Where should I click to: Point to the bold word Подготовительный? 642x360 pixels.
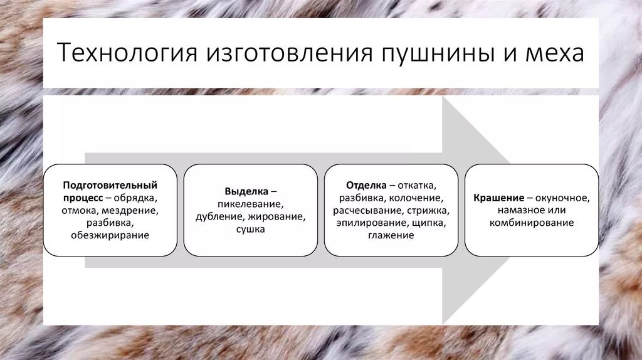[x=110, y=185]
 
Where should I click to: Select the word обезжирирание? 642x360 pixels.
[x=110, y=235]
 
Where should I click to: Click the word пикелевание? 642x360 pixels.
[x=250, y=204]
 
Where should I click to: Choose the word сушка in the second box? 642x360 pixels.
[x=250, y=230]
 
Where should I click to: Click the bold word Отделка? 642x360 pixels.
[x=366, y=186]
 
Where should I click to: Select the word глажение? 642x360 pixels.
[x=391, y=236]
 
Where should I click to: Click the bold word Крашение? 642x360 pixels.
[x=499, y=198]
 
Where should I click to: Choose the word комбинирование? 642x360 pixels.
[x=532, y=223]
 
